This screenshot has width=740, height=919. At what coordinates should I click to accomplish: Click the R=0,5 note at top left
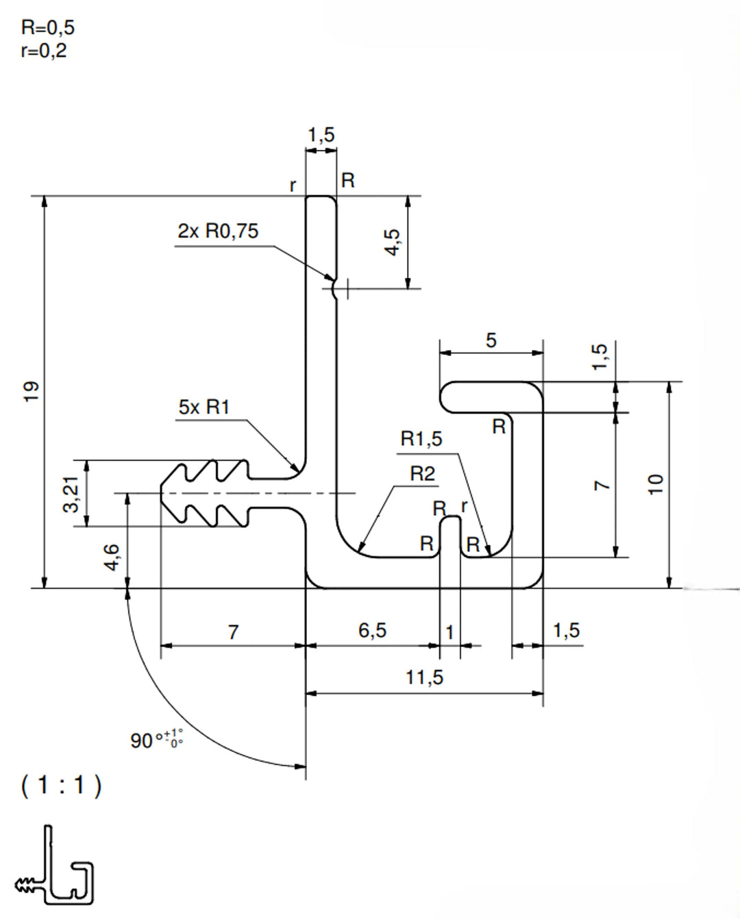click(47, 27)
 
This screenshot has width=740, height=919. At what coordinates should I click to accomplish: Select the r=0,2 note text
click(43, 51)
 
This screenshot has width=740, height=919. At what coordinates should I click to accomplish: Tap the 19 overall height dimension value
click(31, 391)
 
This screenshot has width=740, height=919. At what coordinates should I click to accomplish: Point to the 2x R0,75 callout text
click(218, 231)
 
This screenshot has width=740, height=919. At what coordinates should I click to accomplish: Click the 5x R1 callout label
click(203, 407)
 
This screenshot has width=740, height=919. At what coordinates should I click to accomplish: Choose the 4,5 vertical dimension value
click(392, 242)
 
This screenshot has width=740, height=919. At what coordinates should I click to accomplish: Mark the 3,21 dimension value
click(71, 494)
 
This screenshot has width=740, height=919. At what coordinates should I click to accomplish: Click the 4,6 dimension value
click(112, 557)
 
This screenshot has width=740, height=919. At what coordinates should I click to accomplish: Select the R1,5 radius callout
click(421, 439)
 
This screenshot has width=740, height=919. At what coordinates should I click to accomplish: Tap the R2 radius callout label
click(422, 473)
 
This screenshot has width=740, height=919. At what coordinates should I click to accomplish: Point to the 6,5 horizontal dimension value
click(372, 630)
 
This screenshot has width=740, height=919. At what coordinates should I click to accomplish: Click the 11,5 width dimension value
click(424, 677)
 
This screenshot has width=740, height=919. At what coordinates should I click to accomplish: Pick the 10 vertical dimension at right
click(656, 483)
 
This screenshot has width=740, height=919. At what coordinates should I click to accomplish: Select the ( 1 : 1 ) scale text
click(61, 785)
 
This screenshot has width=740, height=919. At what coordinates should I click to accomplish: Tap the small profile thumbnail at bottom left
click(54, 866)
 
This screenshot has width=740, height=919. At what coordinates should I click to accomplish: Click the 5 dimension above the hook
click(491, 340)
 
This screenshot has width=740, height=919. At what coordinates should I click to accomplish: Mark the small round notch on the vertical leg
click(334, 289)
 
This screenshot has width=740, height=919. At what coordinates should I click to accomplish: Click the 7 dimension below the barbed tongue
click(233, 631)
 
